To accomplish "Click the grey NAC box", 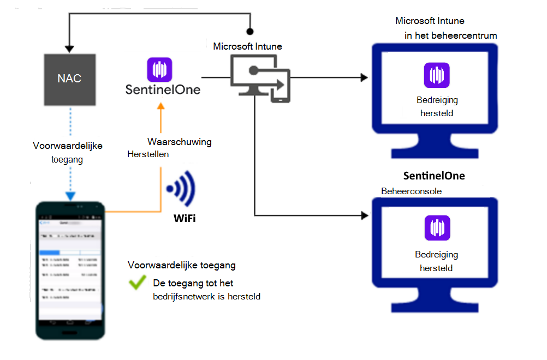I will coord(69,79).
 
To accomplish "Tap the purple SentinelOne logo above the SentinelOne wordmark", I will coord(159,70).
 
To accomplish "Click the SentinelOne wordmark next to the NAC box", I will coord(163,89).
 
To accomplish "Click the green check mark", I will coord(136,283).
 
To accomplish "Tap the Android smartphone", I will coord(69,270).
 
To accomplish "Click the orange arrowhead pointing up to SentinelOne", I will coord(160,108).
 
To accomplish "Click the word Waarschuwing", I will coord(179,142).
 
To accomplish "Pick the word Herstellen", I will coord(148,154).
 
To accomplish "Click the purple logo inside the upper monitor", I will coord(437,75).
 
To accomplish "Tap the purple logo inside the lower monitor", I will coord(437,228).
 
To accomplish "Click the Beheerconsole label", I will coord(411,191).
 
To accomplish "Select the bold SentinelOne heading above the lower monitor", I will coord(434,176).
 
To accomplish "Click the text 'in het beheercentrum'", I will coord(451,35).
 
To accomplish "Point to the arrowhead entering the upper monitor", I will coord(364,78).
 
